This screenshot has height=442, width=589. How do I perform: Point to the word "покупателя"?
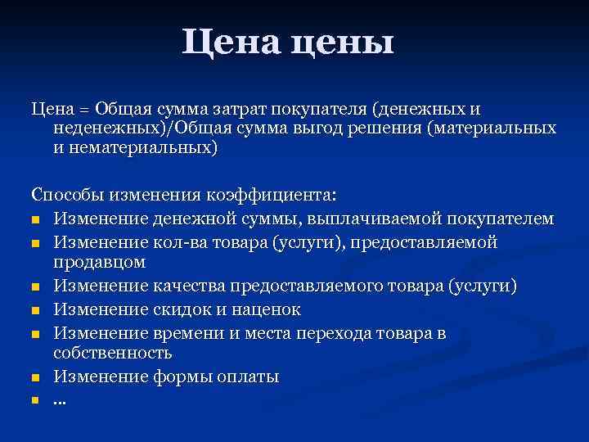point(323,110)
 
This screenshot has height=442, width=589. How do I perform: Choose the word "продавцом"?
point(99,263)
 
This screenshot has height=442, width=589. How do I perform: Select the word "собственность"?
point(112,354)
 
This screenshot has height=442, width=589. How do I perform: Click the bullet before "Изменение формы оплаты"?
point(35,378)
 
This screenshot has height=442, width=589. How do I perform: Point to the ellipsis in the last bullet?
point(59,401)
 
